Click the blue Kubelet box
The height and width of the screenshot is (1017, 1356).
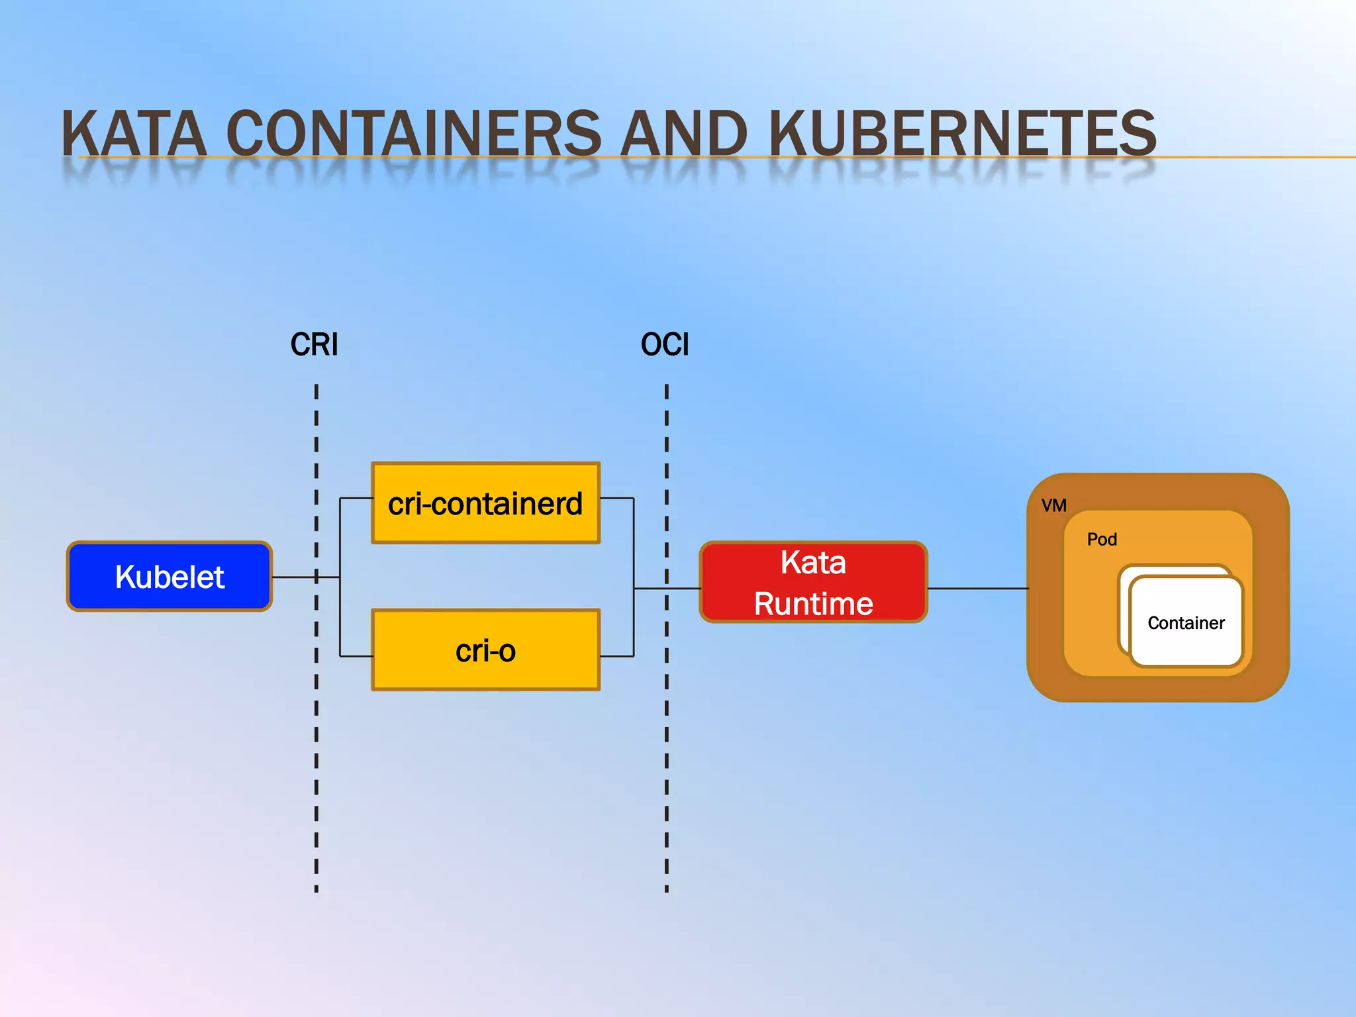coord(169,576)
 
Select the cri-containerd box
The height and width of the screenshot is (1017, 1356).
coord(485,503)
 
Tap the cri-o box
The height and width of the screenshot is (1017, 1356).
coord(485,650)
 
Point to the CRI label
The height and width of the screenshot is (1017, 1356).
coord(314,345)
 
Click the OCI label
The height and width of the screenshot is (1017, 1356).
coord(665,345)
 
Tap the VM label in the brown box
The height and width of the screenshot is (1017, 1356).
coord(1053,506)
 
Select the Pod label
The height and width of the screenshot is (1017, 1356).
coord(1102,540)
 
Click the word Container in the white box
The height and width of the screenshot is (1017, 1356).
coord(1186,623)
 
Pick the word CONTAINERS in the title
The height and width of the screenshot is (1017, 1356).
coord(414,134)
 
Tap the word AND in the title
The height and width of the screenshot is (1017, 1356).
coord(683,134)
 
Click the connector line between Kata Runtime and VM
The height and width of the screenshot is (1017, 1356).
coord(977,588)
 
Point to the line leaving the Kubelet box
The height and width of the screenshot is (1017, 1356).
coord(295,577)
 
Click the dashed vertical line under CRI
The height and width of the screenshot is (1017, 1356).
coord(316,761)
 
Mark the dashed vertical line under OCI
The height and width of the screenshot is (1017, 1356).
coord(667,761)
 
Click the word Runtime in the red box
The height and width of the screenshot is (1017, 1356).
coord(813,604)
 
